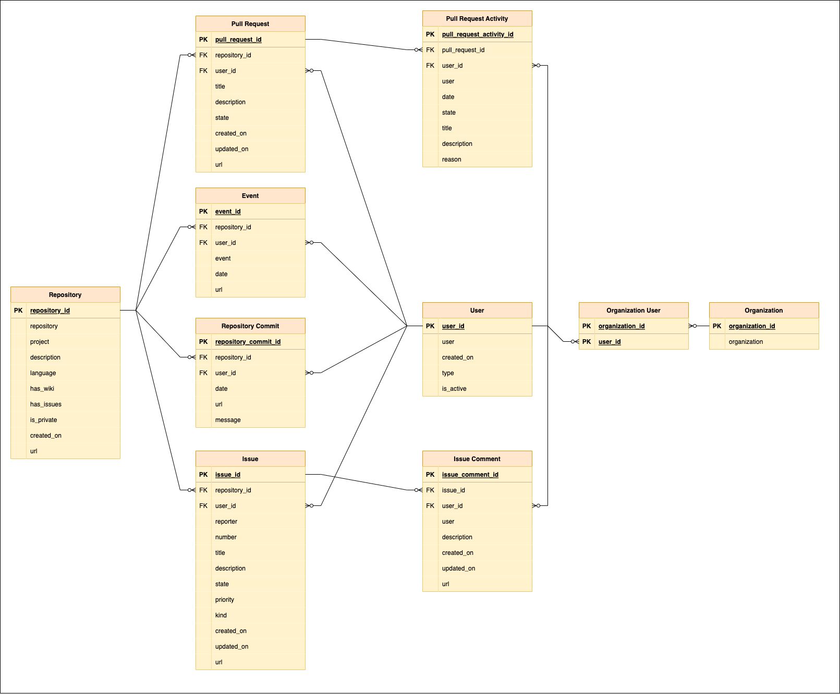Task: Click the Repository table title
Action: pos(65,295)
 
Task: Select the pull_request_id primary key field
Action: pos(238,40)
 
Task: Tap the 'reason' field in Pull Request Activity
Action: pos(452,159)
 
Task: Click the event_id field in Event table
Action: pos(228,212)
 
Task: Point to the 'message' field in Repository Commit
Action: pos(228,420)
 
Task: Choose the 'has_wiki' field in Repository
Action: pos(42,389)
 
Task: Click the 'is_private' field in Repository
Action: pos(44,420)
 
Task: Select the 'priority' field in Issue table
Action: pos(225,600)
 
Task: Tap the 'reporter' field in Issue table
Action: pos(226,522)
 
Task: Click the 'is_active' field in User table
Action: pos(454,389)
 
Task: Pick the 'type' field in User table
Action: pos(448,373)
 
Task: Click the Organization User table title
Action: pos(633,311)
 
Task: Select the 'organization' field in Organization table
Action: pos(746,342)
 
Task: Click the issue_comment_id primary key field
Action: pos(470,475)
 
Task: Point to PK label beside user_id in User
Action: pos(430,326)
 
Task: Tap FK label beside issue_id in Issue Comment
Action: pos(430,490)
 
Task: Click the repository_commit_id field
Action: pos(248,342)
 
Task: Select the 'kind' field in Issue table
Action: pos(221,615)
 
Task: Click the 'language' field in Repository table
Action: pos(43,373)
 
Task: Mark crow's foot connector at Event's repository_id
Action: pos(191,227)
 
